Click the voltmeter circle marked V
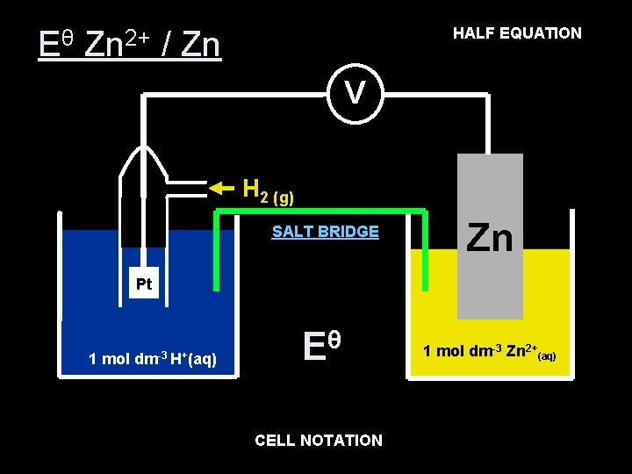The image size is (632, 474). [x=354, y=91]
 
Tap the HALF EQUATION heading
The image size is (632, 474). [x=516, y=33]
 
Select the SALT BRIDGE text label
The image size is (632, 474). [x=325, y=232]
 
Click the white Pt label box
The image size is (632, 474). [x=144, y=284]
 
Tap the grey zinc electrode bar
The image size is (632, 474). [x=490, y=290]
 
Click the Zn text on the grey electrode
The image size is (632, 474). [x=489, y=238]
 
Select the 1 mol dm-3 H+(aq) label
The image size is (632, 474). [x=153, y=358]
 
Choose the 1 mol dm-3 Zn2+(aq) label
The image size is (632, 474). [x=488, y=352]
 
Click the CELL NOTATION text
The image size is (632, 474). [x=319, y=441]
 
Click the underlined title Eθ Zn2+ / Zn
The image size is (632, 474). [x=130, y=43]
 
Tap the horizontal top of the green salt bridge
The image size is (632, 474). [x=320, y=211]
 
